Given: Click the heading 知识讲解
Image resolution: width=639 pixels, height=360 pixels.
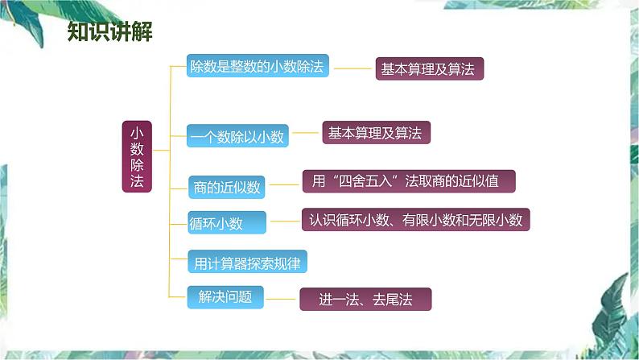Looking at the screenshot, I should click(x=110, y=32).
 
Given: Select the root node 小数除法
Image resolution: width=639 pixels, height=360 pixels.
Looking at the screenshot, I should click(x=136, y=156).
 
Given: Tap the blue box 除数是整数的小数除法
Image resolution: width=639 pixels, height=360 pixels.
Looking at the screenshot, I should click(x=258, y=67).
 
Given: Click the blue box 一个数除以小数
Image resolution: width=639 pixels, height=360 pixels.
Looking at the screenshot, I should click(x=237, y=138).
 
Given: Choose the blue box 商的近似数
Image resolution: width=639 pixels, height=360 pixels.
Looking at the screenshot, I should click(x=227, y=188).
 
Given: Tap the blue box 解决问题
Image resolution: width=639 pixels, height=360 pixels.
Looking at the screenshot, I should click(x=220, y=296).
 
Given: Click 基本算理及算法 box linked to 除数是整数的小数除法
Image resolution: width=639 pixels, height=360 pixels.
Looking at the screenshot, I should click(x=429, y=69).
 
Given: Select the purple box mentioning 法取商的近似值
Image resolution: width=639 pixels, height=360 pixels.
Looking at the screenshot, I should click(x=408, y=181).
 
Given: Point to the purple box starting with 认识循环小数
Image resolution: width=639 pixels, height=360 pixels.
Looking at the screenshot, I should click(x=414, y=219).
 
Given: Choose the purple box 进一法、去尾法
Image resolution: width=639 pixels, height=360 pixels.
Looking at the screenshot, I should click(x=365, y=300).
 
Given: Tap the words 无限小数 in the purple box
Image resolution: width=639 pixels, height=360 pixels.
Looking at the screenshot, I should click(x=497, y=219).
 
